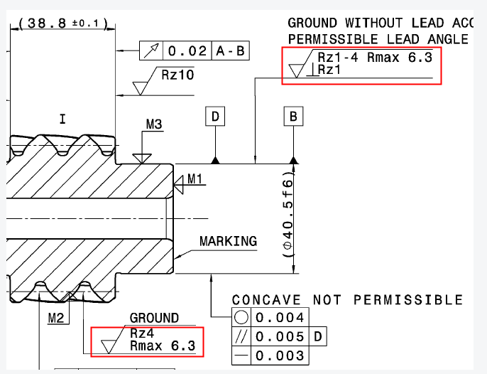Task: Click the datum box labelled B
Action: coord(293,117)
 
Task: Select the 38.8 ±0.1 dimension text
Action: coord(63,24)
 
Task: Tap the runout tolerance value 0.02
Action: coord(187,51)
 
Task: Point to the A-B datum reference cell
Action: coord(229,51)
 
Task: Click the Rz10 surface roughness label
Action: coord(177,74)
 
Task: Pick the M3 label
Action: coord(154,125)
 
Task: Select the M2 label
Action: coord(57,316)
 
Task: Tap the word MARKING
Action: coord(228,241)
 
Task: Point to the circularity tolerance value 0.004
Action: coord(280,317)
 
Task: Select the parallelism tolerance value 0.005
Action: coord(280,336)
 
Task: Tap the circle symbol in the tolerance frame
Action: coord(242,317)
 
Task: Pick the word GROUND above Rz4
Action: coord(154,318)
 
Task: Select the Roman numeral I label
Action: coord(62,119)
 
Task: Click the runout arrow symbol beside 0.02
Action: coord(151,51)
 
